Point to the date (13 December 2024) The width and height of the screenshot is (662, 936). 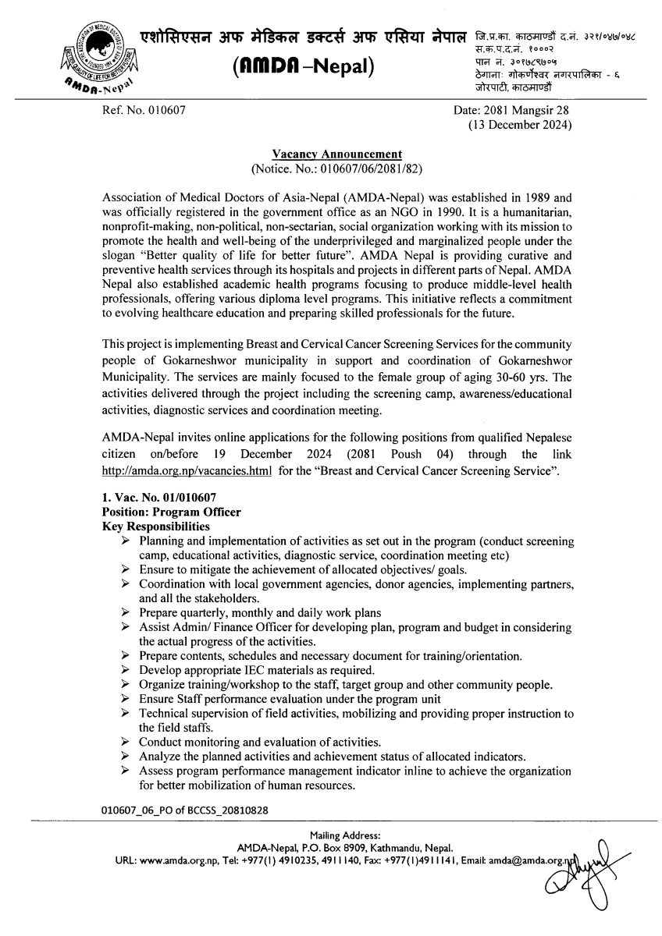pyautogui.click(x=518, y=125)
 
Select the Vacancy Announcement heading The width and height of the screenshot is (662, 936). pyautogui.click(x=336, y=154)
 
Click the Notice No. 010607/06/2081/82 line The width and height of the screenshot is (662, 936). pyautogui.click(x=336, y=168)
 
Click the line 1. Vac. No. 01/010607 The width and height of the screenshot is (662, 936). pyautogui.click(x=159, y=498)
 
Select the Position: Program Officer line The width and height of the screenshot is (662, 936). pyautogui.click(x=172, y=512)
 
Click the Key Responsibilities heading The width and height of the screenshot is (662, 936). pyautogui.click(x=156, y=526)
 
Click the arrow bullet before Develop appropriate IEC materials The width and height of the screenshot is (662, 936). pyautogui.click(x=126, y=670)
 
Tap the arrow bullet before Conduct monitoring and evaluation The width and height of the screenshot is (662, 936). pyautogui.click(x=126, y=742)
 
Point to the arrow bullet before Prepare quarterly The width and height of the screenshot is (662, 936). pyautogui.click(x=126, y=613)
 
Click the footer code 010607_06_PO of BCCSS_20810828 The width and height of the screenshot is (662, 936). pyautogui.click(x=185, y=810)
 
